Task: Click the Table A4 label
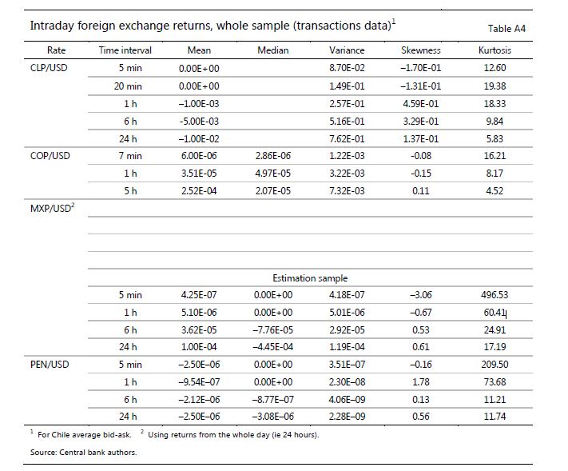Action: tap(506, 29)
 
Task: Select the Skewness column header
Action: tap(420, 50)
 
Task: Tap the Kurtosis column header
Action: tap(495, 50)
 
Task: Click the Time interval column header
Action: tap(125, 50)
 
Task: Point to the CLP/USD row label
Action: tap(49, 68)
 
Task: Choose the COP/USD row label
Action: tap(50, 156)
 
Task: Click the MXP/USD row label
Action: tap(52, 208)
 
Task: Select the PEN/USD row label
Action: tap(50, 365)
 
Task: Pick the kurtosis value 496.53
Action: tap(495, 295)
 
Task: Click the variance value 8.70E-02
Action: tap(347, 68)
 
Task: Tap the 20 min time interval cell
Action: tap(128, 86)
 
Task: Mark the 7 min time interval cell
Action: tap(130, 156)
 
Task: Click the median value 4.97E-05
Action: tap(272, 174)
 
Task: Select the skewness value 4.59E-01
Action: tap(420, 104)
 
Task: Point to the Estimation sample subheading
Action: tap(310, 278)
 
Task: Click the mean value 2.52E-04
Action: tap(199, 191)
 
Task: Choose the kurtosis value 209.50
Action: tap(495, 365)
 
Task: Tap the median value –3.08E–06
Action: tap(272, 417)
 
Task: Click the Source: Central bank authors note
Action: tap(84, 453)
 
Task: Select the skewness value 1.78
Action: tap(420, 381)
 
